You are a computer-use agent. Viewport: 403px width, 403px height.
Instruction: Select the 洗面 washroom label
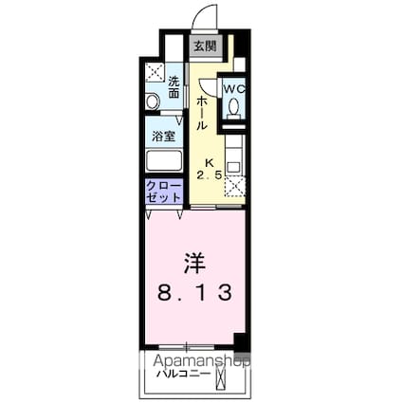coord(174,87)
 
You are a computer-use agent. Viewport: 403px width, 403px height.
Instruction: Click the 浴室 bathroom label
coord(163,135)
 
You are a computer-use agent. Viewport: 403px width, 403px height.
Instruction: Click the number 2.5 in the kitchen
coord(210,175)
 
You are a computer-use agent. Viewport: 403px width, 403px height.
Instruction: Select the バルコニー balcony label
coord(185,374)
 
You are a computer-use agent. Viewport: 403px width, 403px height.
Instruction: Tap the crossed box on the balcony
coord(223,376)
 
